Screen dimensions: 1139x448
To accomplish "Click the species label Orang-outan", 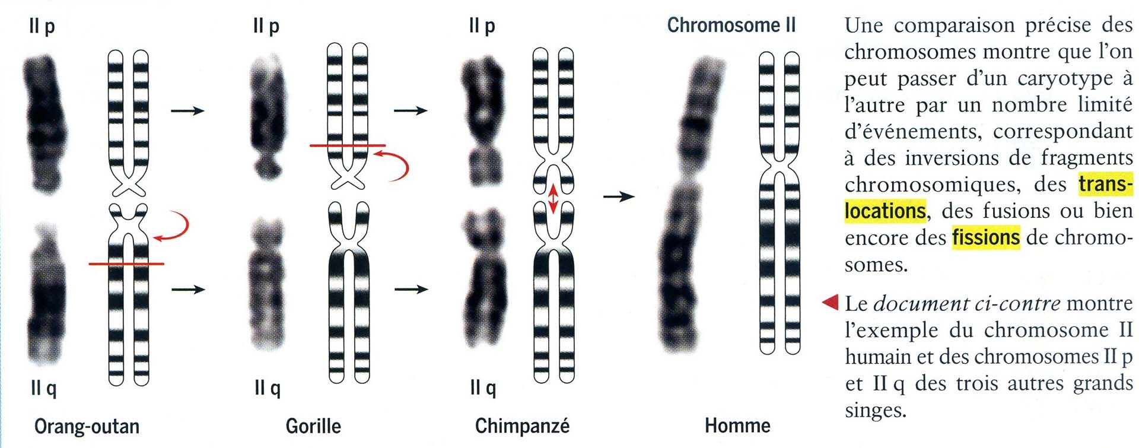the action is tap(87, 426).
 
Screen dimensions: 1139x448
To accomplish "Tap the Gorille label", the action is tap(313, 426).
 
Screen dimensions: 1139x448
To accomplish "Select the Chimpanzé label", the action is tap(522, 426).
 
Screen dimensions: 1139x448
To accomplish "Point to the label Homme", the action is tap(737, 425).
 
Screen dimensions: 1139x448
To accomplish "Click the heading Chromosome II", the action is tap(731, 25).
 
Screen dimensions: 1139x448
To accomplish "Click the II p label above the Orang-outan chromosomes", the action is tap(42, 26).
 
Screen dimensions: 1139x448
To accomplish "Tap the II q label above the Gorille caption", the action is tap(267, 388).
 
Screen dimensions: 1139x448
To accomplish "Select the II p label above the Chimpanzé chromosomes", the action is tap(482, 26).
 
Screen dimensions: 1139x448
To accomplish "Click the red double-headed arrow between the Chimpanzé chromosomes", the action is tap(553, 199).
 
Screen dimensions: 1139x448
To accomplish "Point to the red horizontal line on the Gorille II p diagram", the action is tap(347, 145).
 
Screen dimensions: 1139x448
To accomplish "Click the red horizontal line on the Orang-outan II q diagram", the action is tap(126, 263).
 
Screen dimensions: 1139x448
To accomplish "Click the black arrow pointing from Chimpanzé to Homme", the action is tap(618, 196).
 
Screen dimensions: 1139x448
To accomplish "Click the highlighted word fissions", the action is tap(985, 237).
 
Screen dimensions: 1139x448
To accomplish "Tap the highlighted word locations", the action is tap(885, 211).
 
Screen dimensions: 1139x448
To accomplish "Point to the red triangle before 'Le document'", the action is tap(831, 303).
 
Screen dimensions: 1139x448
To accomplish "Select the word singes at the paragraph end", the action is tap(876, 410).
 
